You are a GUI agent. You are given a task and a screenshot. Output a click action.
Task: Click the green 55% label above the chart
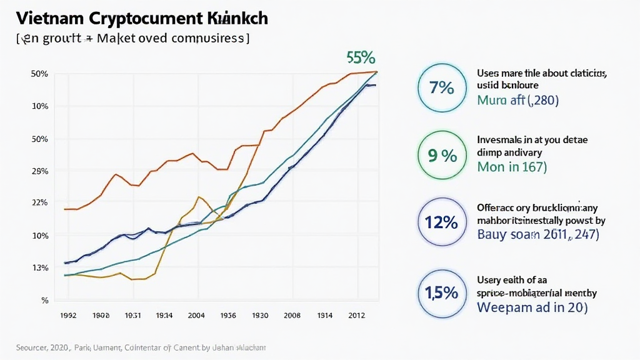click(x=361, y=57)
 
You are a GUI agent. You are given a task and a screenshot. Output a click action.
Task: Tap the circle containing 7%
click(x=441, y=87)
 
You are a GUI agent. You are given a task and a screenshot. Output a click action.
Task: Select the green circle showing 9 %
click(x=441, y=156)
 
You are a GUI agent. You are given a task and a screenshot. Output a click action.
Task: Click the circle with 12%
click(x=441, y=222)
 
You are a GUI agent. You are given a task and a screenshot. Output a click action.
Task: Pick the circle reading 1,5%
click(x=441, y=292)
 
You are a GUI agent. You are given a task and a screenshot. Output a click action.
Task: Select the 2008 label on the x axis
click(x=291, y=316)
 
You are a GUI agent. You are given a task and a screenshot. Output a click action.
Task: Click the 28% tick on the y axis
click(x=40, y=171)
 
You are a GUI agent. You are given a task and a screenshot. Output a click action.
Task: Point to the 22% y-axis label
click(x=40, y=202)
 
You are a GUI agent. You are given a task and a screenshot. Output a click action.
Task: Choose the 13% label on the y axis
click(x=40, y=267)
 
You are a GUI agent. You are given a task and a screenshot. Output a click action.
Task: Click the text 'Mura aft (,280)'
click(x=517, y=100)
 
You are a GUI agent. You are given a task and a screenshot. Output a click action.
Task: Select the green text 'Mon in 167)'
click(x=512, y=167)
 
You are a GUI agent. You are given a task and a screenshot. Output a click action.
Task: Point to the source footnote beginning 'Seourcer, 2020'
click(x=141, y=347)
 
